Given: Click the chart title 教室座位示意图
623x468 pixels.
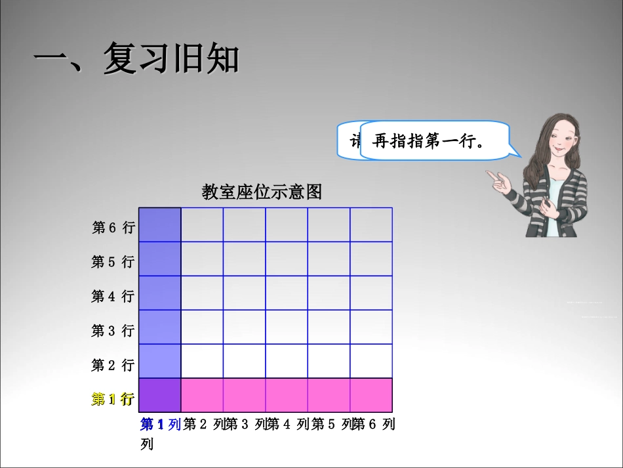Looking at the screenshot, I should pyautogui.click(x=262, y=192).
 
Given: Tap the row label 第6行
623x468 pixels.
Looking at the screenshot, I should pyautogui.click(x=113, y=227).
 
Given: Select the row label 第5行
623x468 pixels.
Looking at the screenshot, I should pyautogui.click(x=113, y=262).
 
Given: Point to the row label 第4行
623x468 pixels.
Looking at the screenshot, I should pyautogui.click(x=113, y=296).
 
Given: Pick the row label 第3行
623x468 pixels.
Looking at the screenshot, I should pyautogui.click(x=113, y=330).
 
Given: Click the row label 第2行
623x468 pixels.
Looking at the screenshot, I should pyautogui.click(x=113, y=364).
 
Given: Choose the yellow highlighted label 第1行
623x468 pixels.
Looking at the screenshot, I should pyautogui.click(x=113, y=398).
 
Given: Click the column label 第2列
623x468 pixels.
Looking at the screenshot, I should pyautogui.click(x=204, y=424).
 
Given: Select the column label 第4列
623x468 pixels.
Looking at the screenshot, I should pyautogui.click(x=288, y=424).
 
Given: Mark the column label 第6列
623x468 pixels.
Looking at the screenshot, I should pyautogui.click(x=374, y=424).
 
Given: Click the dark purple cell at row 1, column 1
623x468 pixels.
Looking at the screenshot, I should pyautogui.click(x=159, y=395).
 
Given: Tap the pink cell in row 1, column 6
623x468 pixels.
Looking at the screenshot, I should pyautogui.click(x=371, y=395).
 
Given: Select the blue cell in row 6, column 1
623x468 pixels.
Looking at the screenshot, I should pyautogui.click(x=159, y=224).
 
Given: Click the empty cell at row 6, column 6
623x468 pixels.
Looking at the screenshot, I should pyautogui.click(x=371, y=224).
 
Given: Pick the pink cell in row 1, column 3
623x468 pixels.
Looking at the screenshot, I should pyautogui.click(x=244, y=395).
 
